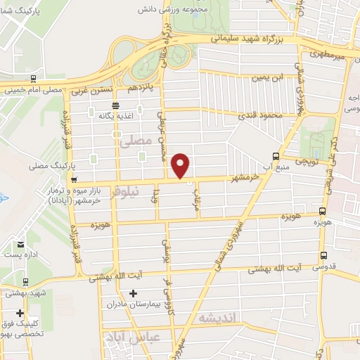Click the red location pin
click(x=181, y=165)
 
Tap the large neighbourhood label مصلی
click(x=136, y=141)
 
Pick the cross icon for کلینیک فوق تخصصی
click(x=20, y=314)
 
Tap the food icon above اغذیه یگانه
click(x=115, y=104)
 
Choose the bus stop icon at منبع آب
click(x=276, y=156)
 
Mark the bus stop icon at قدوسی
click(x=323, y=256)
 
